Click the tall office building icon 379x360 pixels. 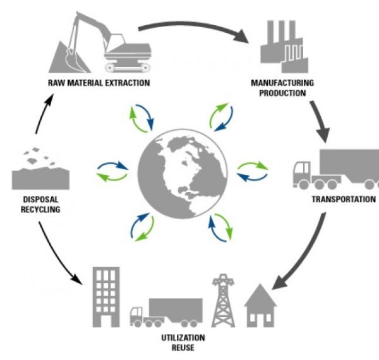point(105,296)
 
